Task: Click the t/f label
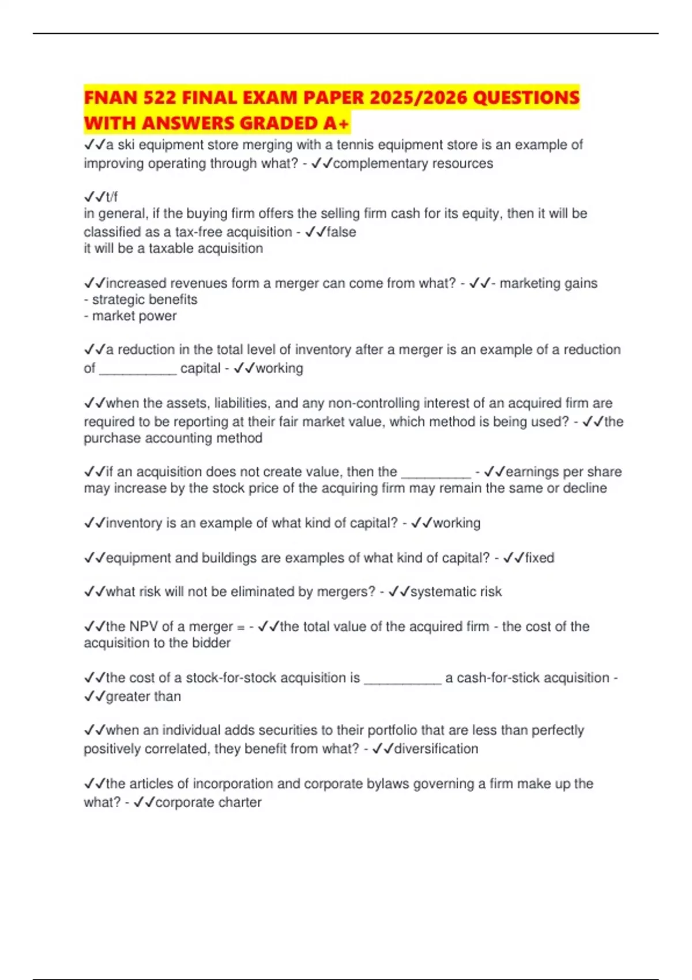[111, 197]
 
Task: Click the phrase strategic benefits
[144, 300]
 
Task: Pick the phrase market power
[134, 316]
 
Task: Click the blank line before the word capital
[138, 370]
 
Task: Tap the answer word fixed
[539, 557]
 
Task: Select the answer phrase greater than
[144, 696]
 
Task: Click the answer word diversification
[436, 749]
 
